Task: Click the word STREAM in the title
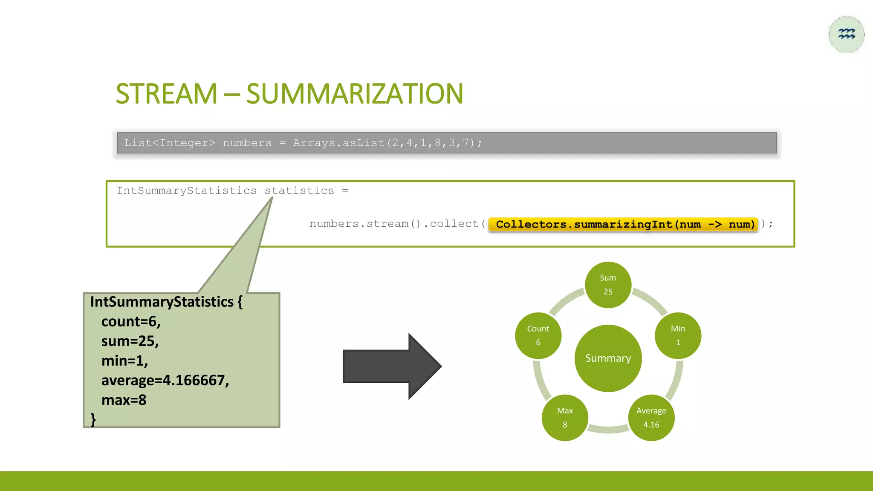click(166, 94)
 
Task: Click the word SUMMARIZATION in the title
click(355, 94)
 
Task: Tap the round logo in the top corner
click(846, 35)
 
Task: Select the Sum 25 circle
click(608, 285)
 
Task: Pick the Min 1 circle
click(678, 335)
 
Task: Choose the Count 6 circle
click(538, 335)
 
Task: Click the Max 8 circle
click(565, 418)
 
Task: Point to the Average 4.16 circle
click(651, 418)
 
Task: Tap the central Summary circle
click(608, 358)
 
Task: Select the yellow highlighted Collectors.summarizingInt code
click(623, 224)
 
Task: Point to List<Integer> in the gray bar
click(170, 143)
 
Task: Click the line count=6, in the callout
click(131, 321)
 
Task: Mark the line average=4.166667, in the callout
click(165, 380)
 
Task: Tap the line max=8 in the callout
click(124, 400)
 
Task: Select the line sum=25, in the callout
click(130, 341)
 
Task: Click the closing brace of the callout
click(93, 419)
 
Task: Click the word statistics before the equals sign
click(299, 191)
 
